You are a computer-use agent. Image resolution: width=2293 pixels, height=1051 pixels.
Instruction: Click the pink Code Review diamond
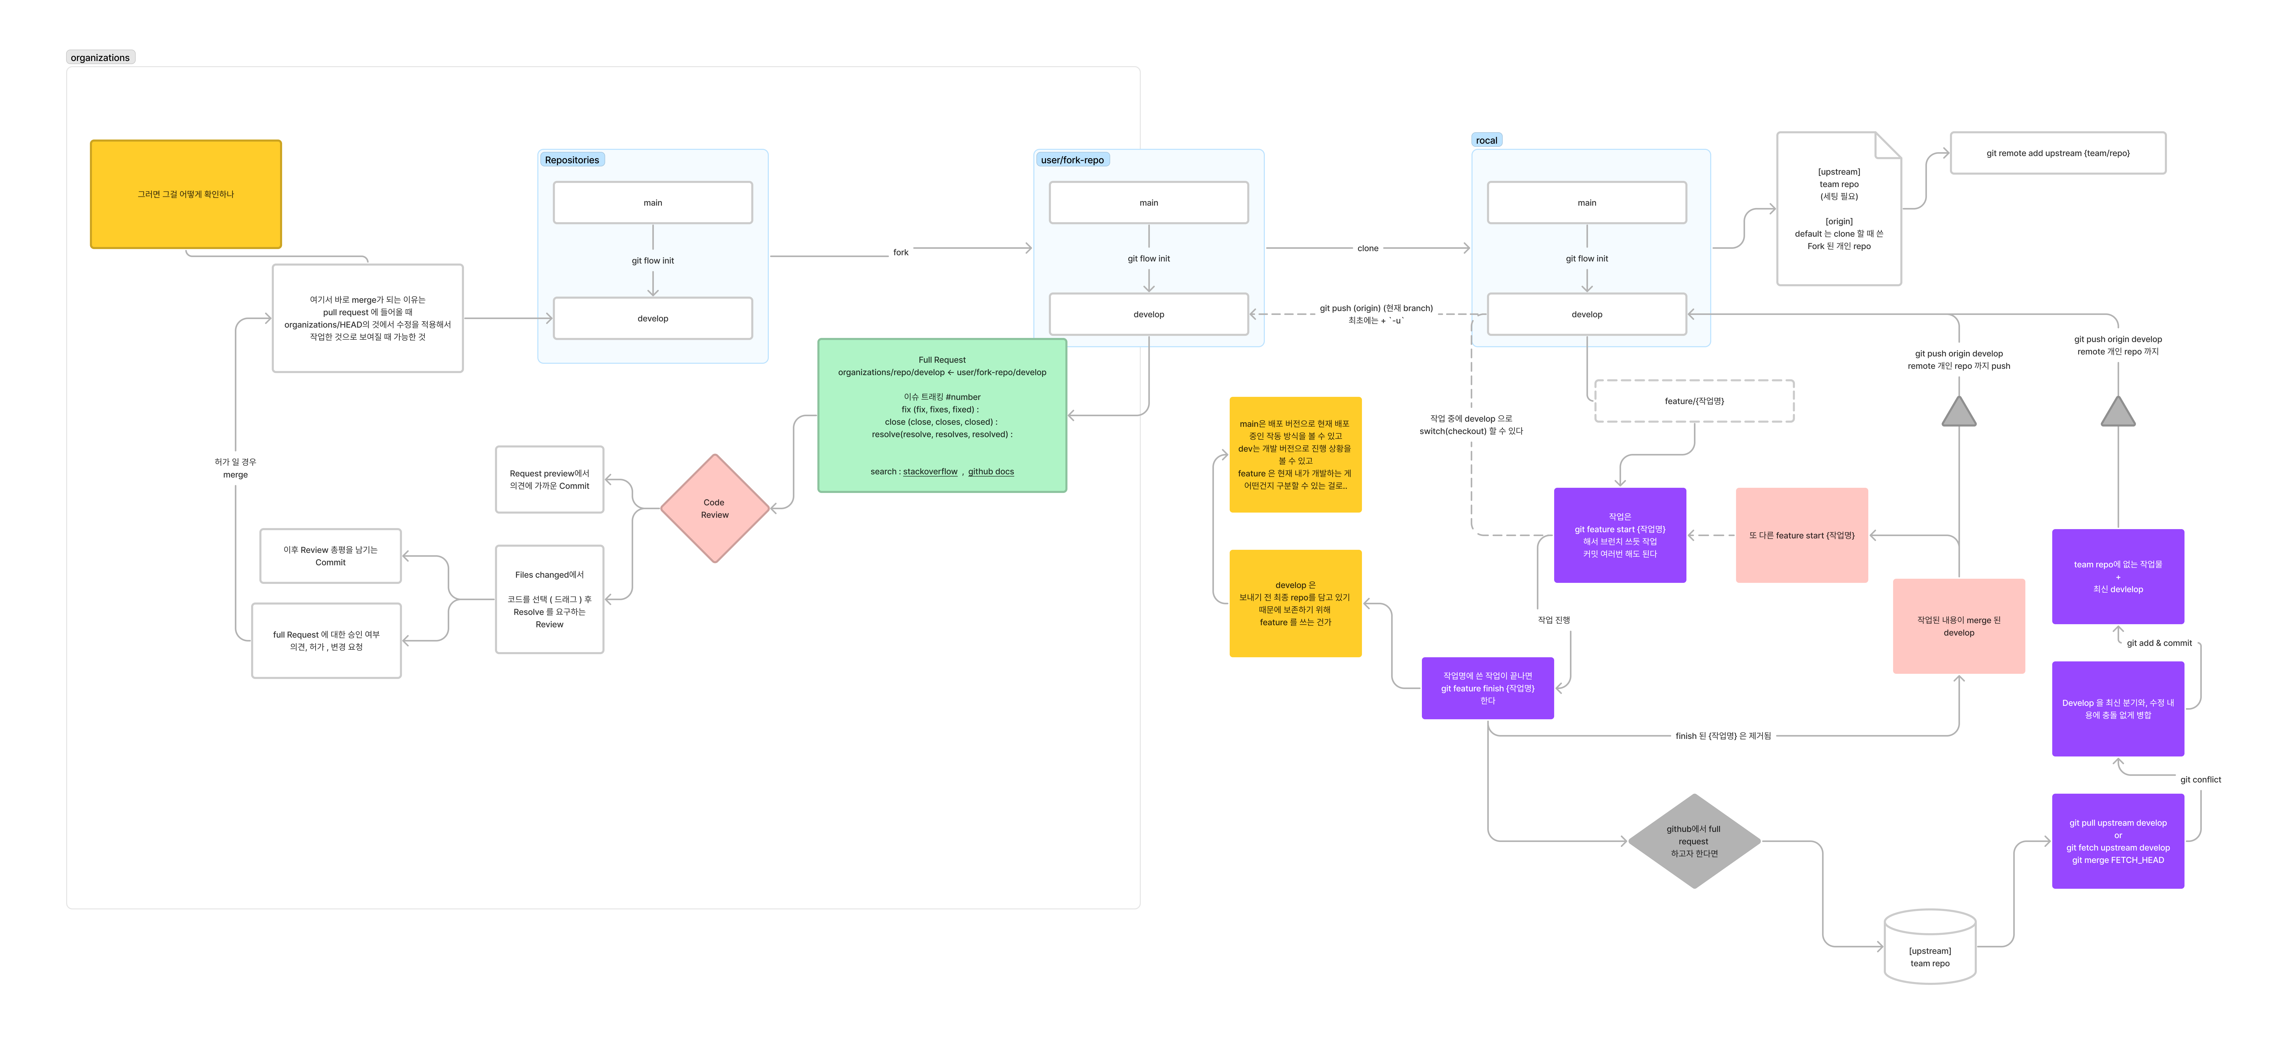(x=714, y=508)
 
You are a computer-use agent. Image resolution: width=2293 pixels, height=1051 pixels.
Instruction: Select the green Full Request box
(x=942, y=415)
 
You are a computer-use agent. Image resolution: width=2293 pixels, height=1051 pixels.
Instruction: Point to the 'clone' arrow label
(x=1367, y=248)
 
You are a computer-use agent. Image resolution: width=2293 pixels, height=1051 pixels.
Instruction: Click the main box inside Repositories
(x=653, y=203)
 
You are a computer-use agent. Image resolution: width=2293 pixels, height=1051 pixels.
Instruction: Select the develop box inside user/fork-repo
(x=1148, y=314)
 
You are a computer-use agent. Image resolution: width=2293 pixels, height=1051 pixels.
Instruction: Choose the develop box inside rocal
(x=1586, y=314)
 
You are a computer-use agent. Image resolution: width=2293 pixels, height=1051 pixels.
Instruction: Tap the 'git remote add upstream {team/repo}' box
(x=2057, y=153)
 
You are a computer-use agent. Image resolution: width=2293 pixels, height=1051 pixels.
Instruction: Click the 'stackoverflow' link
(x=930, y=472)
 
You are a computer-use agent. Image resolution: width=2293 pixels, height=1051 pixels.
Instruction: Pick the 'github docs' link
(x=991, y=472)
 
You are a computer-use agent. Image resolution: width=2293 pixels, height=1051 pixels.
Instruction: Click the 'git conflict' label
(x=2199, y=779)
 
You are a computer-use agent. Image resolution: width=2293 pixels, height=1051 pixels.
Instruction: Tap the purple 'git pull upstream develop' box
(x=2118, y=841)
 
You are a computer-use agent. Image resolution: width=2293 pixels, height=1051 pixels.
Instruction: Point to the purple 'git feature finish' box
(x=1488, y=688)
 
